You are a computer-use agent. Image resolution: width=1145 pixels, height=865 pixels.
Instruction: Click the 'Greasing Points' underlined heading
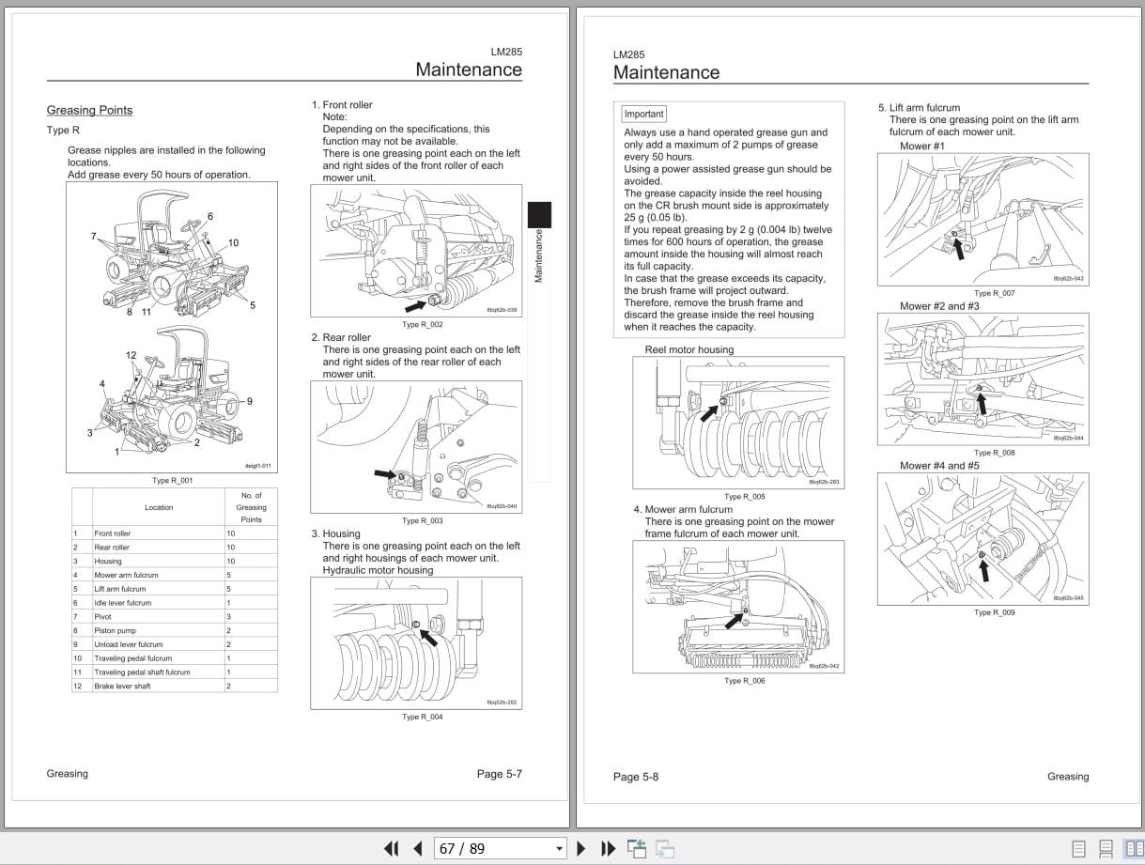click(x=89, y=110)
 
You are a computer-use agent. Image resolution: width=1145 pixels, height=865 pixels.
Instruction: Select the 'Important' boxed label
click(x=643, y=114)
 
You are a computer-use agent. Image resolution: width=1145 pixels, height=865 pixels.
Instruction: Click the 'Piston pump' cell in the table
click(x=115, y=630)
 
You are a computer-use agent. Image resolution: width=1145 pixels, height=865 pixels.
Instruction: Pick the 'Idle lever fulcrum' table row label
click(x=122, y=603)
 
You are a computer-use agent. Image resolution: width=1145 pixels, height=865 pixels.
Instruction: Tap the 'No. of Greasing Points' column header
click(x=251, y=507)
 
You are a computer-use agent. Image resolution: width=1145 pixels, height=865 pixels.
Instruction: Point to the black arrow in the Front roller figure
click(x=414, y=304)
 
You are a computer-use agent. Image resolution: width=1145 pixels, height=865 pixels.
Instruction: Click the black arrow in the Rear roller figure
click(x=385, y=474)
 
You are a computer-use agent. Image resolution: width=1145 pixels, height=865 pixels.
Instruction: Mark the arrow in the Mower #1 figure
click(x=958, y=247)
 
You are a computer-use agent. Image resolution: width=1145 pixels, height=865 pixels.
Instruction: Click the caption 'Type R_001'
click(x=172, y=481)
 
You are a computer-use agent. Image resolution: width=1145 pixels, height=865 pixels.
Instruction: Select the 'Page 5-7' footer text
click(x=499, y=774)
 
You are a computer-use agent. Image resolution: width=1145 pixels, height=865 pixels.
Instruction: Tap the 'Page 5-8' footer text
click(x=636, y=777)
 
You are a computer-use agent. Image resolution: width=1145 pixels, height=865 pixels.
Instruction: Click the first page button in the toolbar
click(x=392, y=848)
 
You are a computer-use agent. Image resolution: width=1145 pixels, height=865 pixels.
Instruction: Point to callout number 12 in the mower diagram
click(x=131, y=355)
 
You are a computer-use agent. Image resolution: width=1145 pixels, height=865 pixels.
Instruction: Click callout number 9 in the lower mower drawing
click(x=249, y=401)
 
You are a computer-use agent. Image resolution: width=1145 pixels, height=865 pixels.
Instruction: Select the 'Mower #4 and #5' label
click(x=939, y=466)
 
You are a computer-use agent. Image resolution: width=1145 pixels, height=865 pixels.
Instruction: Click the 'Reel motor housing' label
click(x=689, y=349)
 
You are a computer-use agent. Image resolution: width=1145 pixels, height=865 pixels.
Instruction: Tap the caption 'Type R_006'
click(x=744, y=681)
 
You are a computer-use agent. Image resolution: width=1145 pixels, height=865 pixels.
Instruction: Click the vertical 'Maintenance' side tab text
click(x=539, y=255)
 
